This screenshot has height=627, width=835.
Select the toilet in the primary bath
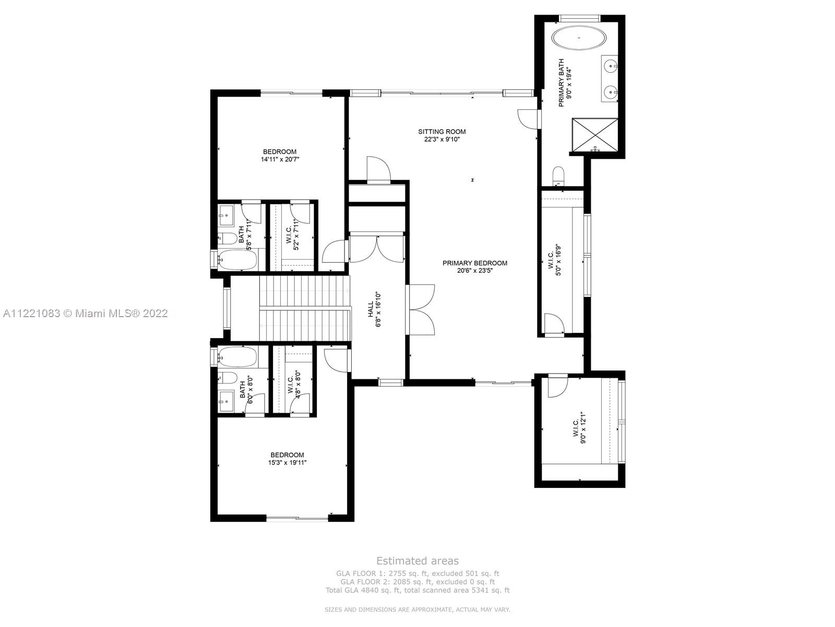(558, 175)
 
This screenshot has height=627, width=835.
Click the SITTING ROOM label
(442, 132)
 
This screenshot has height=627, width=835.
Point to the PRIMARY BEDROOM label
(474, 263)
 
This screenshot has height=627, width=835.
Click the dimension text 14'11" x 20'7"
(280, 159)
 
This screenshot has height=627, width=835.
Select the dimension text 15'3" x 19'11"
(287, 462)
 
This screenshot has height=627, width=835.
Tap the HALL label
(371, 308)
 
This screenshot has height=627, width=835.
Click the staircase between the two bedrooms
(304, 308)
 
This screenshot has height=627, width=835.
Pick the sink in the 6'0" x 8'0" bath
(226, 402)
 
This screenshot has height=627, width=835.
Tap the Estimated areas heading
(417, 561)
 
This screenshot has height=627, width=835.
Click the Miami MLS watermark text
(86, 313)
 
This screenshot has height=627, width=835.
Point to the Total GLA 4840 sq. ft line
(417, 590)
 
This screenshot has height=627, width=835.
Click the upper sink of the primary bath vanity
(611, 66)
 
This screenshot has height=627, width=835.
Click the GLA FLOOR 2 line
(417, 582)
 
